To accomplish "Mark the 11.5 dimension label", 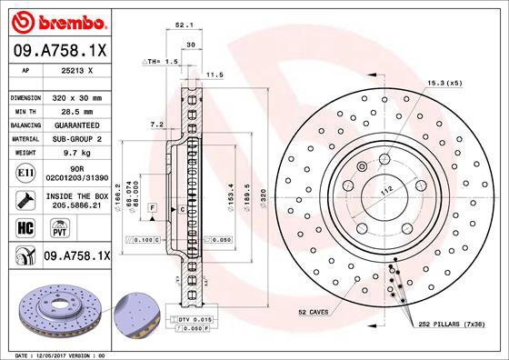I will click(215, 75).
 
